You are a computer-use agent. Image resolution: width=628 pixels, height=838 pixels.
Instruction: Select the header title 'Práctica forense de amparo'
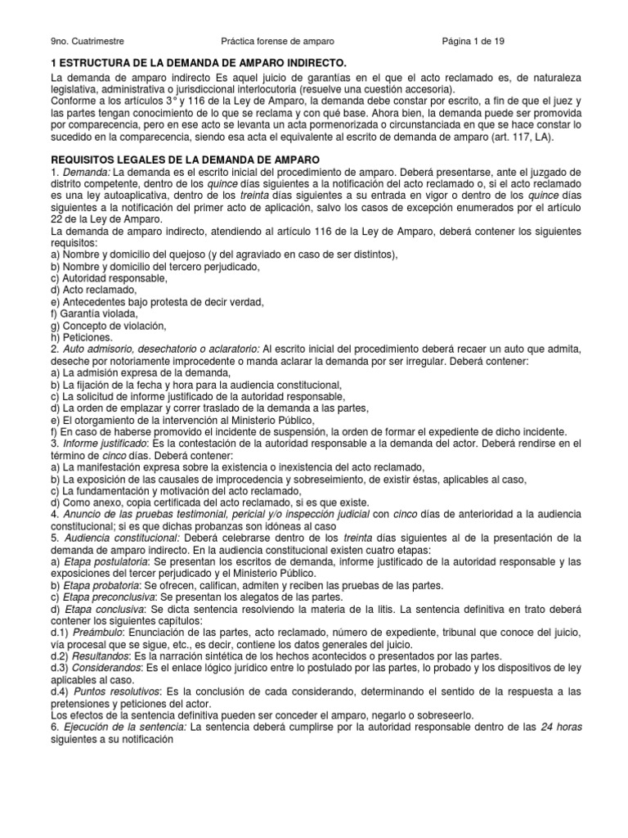click(278, 41)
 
